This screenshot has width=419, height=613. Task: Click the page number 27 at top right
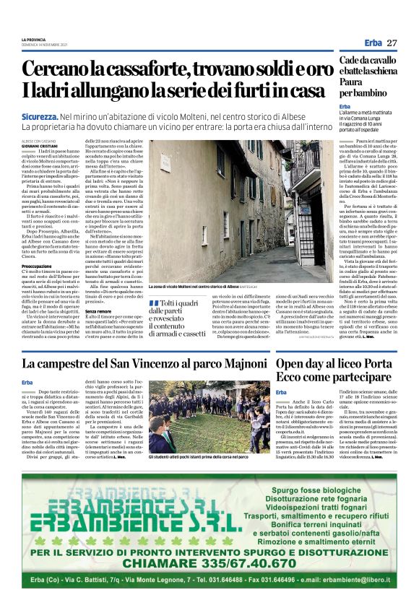coord(392,43)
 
